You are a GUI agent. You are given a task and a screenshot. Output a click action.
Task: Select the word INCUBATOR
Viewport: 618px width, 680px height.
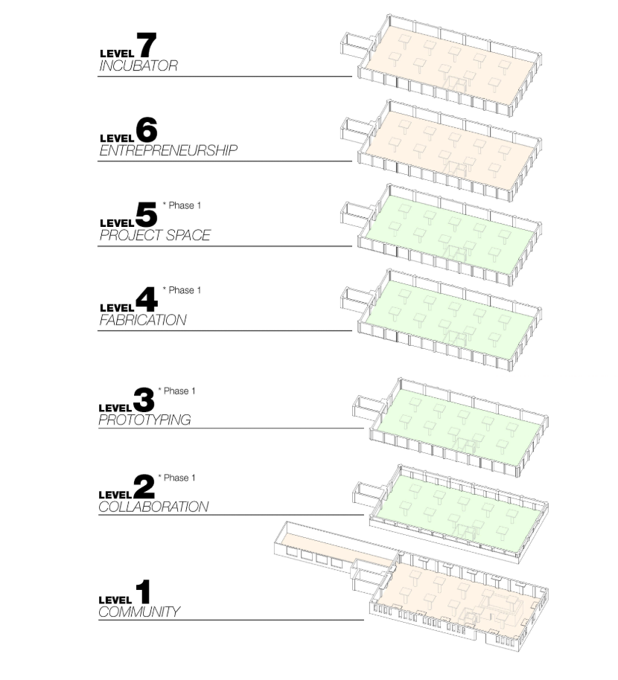coord(138,65)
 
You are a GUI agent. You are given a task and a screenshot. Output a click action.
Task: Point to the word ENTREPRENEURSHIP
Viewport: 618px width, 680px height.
coord(168,150)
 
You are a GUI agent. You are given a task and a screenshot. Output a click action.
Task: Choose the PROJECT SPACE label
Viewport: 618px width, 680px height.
coord(155,235)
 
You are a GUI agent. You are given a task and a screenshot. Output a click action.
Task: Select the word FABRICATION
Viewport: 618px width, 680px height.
coord(143,320)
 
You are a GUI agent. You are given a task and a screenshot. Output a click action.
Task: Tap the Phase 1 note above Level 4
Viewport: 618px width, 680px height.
coord(182,290)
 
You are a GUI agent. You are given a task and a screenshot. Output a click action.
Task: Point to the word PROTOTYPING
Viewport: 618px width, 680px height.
coord(144,420)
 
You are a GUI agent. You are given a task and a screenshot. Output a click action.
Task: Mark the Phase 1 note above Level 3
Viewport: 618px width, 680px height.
coord(177,391)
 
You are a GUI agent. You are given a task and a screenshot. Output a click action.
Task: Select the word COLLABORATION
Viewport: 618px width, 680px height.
coord(153,507)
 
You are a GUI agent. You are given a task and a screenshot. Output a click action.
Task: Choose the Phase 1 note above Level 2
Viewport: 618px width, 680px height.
coord(177,478)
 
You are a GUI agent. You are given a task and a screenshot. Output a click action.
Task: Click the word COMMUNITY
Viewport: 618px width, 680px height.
coord(139,612)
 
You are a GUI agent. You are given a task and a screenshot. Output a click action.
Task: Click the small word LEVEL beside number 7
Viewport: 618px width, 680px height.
coord(116,54)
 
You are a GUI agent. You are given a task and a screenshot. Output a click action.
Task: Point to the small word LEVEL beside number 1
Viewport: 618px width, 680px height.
coord(115,599)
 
